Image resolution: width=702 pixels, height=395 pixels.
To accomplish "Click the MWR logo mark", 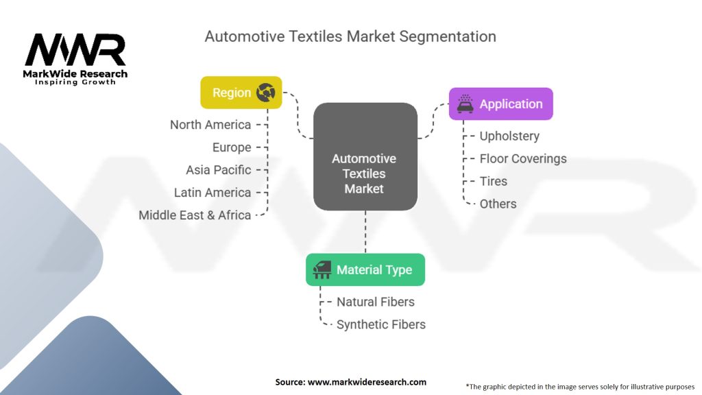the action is click(75, 49).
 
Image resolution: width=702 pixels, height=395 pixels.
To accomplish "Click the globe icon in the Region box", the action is click(265, 93).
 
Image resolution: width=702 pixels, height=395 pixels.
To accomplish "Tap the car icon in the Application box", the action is click(465, 104).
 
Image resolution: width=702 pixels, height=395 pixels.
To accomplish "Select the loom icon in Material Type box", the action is click(322, 270).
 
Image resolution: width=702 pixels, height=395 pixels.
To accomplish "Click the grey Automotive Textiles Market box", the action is click(365, 157).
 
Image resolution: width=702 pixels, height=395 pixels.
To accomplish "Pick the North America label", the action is click(210, 125).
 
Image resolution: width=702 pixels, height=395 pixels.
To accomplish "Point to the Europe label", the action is click(232, 147).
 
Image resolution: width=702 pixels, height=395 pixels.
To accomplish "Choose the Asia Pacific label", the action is click(219, 170).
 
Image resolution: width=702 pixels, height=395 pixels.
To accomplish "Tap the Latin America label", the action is click(213, 193).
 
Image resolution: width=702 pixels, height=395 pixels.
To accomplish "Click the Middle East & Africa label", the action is click(195, 215).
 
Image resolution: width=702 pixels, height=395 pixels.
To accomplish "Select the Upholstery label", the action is click(509, 136).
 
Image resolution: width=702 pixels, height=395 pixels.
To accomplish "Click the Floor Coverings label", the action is click(523, 158).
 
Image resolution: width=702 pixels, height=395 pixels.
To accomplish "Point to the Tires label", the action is click(494, 181).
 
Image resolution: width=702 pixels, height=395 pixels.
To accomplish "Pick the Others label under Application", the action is click(498, 204).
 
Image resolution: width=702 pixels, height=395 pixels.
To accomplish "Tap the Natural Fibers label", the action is click(376, 302).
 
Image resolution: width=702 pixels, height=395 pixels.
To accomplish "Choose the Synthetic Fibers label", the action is click(381, 324).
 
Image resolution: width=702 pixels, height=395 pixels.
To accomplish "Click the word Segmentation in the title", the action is click(448, 37).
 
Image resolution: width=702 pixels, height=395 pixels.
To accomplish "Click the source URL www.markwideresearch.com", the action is click(367, 382).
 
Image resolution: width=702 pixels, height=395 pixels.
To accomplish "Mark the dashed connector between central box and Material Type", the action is click(365, 232).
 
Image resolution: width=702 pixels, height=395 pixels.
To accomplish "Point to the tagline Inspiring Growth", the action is click(75, 82).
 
